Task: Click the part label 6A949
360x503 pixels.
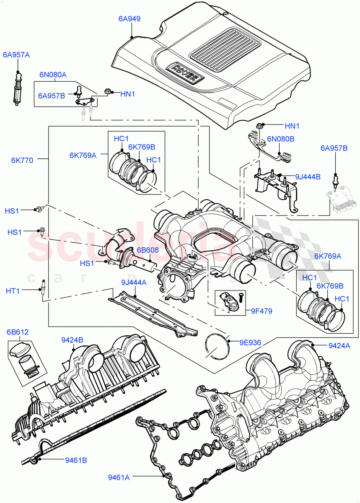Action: click(x=129, y=18)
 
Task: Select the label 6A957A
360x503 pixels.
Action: click(x=16, y=54)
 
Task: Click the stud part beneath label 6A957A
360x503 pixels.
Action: click(x=18, y=88)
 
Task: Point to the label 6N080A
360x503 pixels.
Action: click(x=53, y=75)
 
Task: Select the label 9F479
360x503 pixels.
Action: click(x=262, y=311)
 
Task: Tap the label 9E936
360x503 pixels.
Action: click(x=250, y=342)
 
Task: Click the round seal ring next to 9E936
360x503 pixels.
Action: click(x=217, y=346)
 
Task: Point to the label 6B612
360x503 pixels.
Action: click(x=17, y=332)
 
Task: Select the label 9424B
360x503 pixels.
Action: click(x=72, y=340)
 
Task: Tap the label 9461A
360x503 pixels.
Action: click(x=119, y=476)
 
